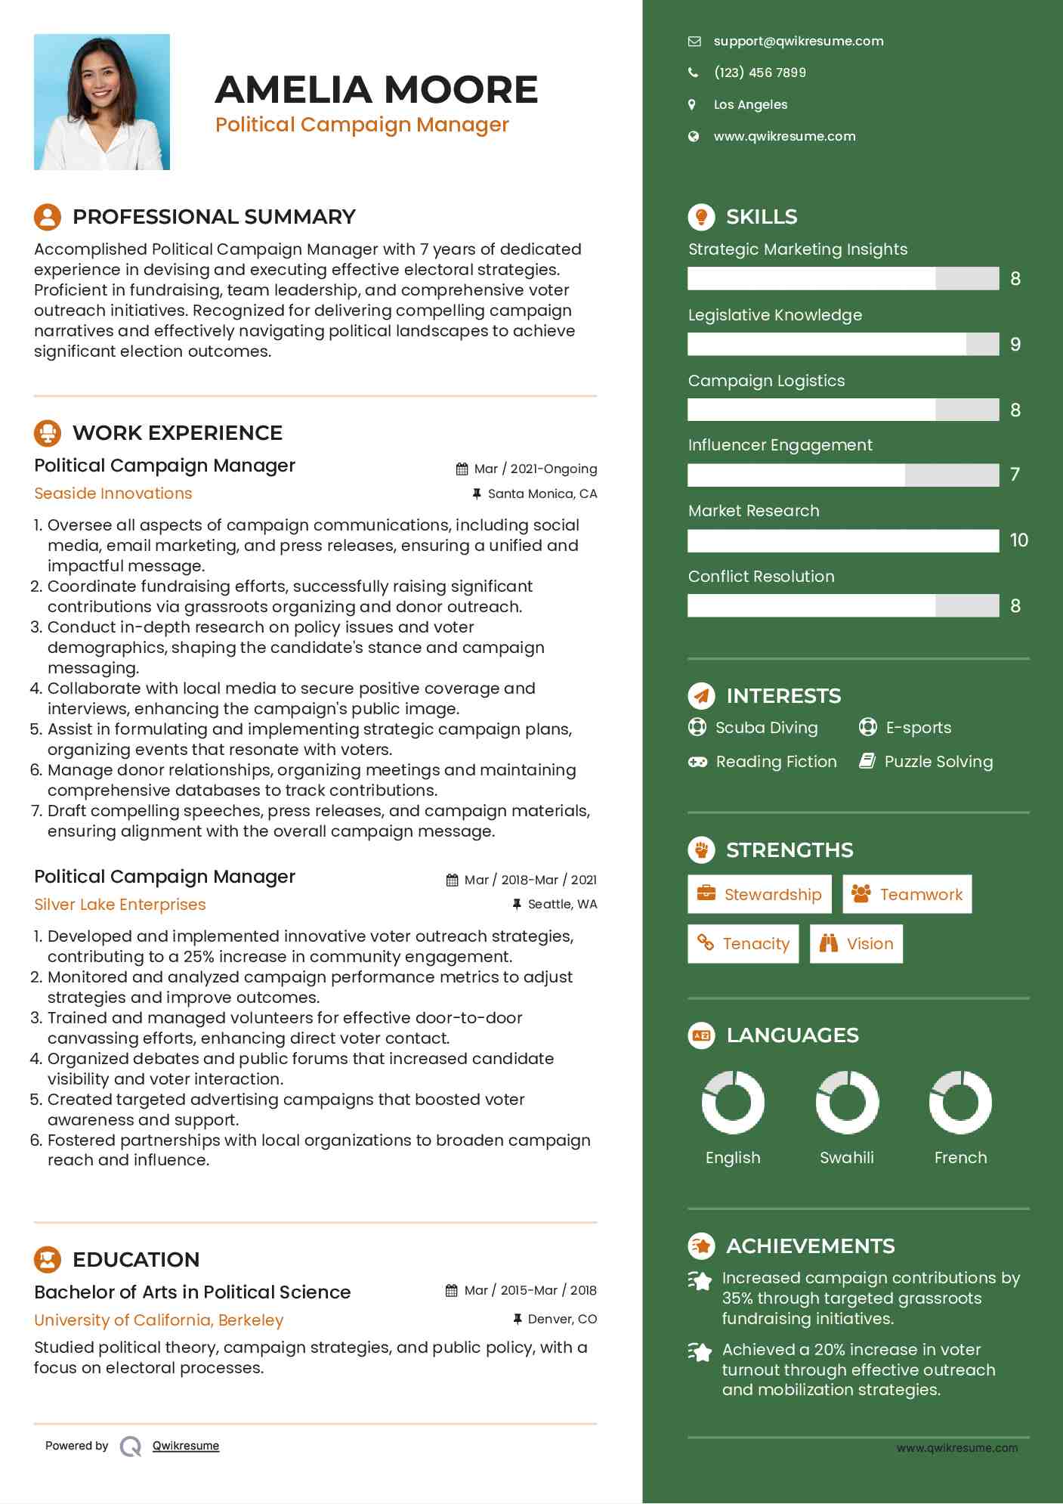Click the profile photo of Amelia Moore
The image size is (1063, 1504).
[x=102, y=102]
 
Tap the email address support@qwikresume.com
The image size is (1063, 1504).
[x=798, y=42]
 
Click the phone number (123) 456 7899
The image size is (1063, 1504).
[x=759, y=73]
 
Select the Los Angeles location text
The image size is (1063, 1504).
[x=750, y=104]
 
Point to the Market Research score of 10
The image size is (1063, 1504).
[x=1018, y=540]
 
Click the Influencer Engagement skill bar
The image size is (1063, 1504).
[x=842, y=475]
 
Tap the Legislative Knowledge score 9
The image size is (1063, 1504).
[x=1015, y=345]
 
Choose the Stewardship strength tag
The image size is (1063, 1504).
[x=759, y=895]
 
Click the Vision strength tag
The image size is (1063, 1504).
[x=856, y=944]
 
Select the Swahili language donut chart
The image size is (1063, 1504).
[x=847, y=1102]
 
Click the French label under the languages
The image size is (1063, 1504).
[x=960, y=1158]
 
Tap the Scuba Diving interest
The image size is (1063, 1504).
[x=766, y=728]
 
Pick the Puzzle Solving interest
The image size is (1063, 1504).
[x=938, y=762]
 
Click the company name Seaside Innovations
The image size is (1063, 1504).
[x=113, y=494]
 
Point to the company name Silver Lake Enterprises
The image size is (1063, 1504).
[x=120, y=905]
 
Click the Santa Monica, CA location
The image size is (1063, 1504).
[x=542, y=494]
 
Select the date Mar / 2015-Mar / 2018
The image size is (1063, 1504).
[x=530, y=1291]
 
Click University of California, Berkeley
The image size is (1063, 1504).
[x=159, y=1320]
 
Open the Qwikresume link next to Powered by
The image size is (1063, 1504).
[x=186, y=1446]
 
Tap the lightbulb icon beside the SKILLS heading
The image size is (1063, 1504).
[x=701, y=217]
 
